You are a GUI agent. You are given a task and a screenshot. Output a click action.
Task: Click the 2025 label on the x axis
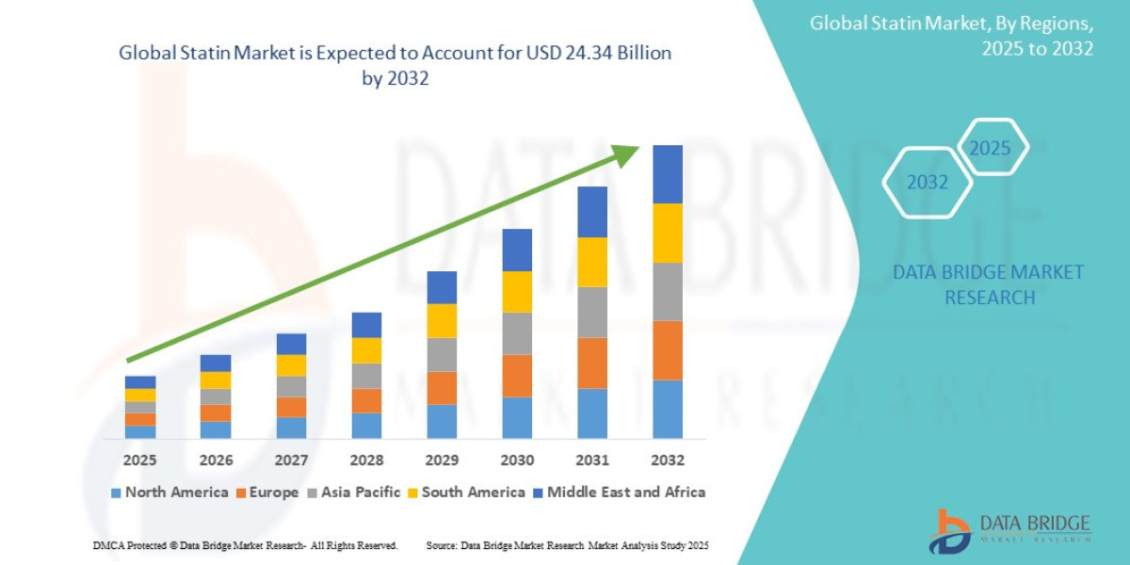[139, 460]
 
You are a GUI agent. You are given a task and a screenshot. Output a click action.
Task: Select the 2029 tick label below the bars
[442, 460]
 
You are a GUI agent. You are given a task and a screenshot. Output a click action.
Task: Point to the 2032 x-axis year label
[668, 460]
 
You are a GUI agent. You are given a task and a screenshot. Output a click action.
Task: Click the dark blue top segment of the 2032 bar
[668, 174]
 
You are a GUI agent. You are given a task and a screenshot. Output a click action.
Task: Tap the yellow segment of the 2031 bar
[592, 262]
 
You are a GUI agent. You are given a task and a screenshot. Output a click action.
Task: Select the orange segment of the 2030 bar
[517, 376]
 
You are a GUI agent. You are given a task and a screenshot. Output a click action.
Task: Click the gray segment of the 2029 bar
[442, 354]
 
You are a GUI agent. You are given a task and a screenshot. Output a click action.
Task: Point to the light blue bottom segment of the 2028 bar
[366, 426]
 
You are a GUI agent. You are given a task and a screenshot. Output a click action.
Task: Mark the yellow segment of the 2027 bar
[291, 365]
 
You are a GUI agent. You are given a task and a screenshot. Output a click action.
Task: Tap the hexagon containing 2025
[990, 148]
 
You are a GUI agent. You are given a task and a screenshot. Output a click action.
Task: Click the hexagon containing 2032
[927, 183]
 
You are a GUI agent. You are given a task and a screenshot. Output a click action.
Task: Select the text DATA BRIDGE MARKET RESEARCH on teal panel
[988, 284]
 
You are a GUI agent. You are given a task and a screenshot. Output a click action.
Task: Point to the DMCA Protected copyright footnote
[246, 545]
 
